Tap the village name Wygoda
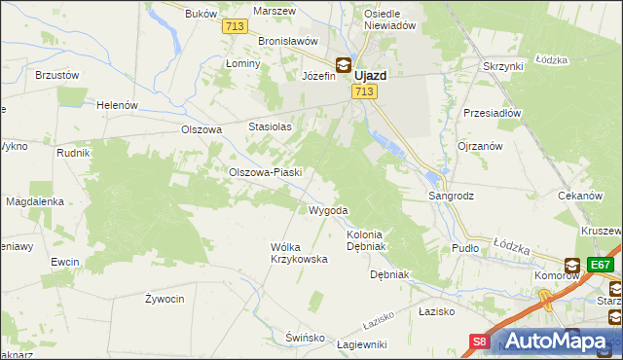tap(328, 210)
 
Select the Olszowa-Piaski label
tap(265, 172)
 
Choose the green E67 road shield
tap(601, 264)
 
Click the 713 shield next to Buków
tap(234, 27)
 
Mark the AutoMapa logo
tap(556, 340)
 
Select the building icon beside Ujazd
tap(344, 66)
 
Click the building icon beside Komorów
tap(572, 265)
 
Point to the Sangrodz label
tap(452, 196)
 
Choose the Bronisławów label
tap(289, 42)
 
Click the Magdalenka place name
tap(35, 201)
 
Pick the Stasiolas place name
tap(271, 126)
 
